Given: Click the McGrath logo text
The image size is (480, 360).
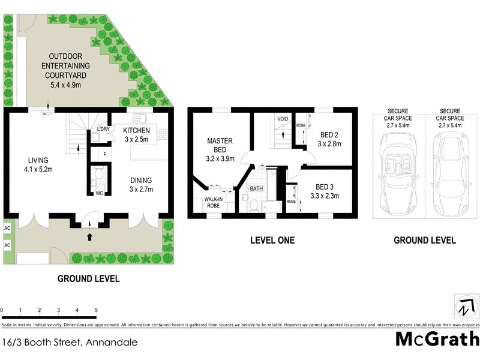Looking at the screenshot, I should [437, 338].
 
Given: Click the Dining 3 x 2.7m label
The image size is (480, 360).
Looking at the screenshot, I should [141, 185].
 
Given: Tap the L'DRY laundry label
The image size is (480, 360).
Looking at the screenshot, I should [103, 130].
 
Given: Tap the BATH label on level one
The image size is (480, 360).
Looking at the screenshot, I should [256, 188].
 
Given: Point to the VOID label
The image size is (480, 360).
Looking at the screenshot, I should [283, 119].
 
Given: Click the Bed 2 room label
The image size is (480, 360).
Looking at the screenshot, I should [329, 140].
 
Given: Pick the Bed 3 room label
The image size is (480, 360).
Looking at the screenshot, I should [325, 191].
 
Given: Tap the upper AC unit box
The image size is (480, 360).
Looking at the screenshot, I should [8, 229].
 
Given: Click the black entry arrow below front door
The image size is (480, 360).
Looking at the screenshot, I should [90, 237].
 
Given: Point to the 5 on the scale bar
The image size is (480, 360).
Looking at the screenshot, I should [96, 310].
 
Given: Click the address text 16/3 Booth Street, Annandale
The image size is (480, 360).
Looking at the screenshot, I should [70, 343].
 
